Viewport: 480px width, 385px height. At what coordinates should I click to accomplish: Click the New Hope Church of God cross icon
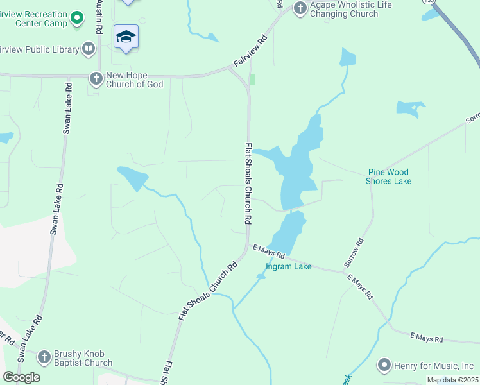tap(96, 78)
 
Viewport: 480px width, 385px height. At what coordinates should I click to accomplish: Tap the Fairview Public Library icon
tap(89, 49)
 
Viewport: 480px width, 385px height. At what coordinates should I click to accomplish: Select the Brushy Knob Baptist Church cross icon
tap(44, 357)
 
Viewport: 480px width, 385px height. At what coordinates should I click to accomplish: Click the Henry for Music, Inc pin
tap(384, 366)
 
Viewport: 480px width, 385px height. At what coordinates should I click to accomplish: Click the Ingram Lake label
tap(289, 266)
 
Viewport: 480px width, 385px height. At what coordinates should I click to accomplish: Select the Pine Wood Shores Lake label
tap(388, 176)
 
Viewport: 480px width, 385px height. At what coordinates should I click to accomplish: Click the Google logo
tap(21, 377)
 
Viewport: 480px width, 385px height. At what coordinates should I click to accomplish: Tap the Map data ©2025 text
tap(452, 380)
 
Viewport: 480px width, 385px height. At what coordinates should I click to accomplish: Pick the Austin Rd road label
tap(99, 17)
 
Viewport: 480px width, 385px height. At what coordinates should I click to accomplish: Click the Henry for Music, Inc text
tap(435, 366)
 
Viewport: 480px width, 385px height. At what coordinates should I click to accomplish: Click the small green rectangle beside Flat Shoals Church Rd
tap(252, 80)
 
